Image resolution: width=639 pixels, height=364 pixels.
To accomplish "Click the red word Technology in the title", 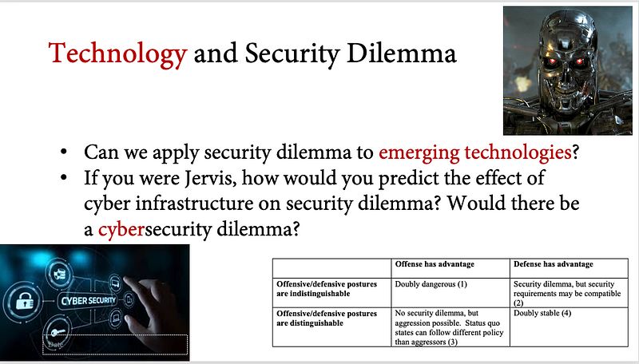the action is click(x=117, y=54).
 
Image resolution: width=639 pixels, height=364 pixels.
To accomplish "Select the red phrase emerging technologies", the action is click(x=475, y=152).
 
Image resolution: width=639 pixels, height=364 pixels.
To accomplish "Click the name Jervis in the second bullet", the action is click(x=211, y=178).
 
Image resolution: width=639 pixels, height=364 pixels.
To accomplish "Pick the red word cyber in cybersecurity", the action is click(x=121, y=229).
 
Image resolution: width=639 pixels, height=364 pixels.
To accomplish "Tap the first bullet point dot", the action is click(x=63, y=152).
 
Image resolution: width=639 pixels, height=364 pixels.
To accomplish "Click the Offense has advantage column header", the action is click(x=435, y=264).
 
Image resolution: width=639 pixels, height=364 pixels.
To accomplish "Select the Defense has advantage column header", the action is click(x=553, y=264).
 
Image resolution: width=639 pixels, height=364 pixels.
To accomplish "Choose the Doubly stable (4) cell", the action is click(x=542, y=313).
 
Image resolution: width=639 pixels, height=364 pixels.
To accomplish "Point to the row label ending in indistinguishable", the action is click(x=327, y=289).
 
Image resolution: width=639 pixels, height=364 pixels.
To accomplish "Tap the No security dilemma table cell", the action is click(x=449, y=327).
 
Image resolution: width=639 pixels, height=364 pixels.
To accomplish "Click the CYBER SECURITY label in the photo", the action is click(x=89, y=300).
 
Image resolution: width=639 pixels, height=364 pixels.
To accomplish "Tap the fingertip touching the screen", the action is click(x=127, y=280).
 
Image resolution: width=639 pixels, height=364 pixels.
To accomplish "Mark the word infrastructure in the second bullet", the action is click(x=194, y=204).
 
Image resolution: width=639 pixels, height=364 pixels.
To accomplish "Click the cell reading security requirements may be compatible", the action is click(x=567, y=293).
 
